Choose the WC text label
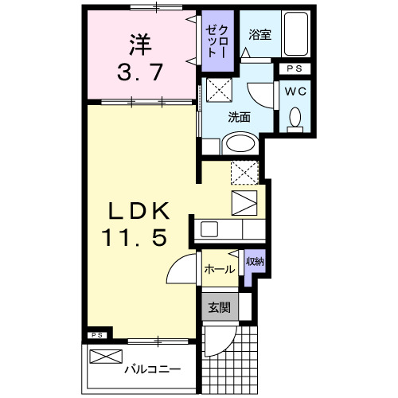[x=296, y=91]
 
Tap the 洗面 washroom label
[x=240, y=116]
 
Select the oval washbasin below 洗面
[x=238, y=144]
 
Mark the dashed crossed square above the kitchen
[x=244, y=171]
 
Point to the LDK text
[x=139, y=211]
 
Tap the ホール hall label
[x=219, y=269]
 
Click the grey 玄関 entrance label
[x=219, y=307]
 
